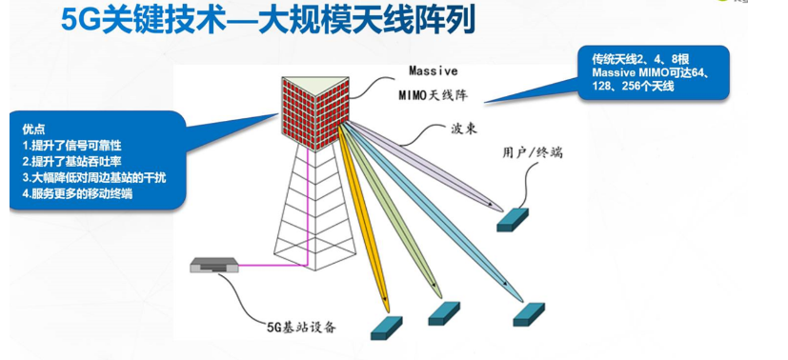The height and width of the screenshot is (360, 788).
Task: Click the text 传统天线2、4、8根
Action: (637, 58)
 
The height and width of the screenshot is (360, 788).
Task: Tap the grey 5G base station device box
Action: (213, 268)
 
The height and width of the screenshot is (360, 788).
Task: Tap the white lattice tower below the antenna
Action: (313, 210)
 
